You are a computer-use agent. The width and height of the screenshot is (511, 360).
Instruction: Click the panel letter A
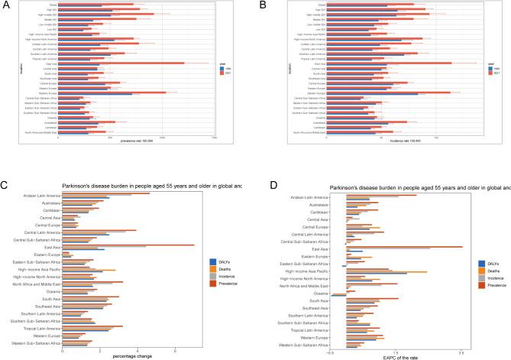[x=6, y=6]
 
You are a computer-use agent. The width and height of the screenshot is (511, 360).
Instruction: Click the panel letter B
[x=262, y=6]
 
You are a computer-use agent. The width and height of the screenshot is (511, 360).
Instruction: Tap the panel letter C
[x=6, y=184]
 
